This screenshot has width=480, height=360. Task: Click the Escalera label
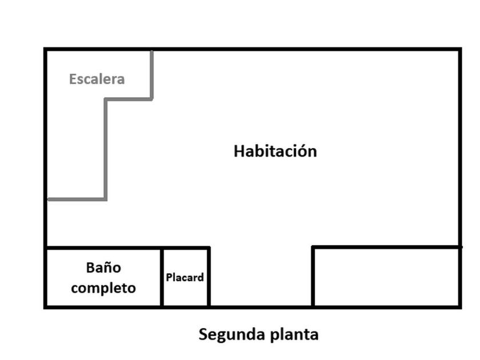click(97, 79)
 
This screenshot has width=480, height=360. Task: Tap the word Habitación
click(275, 151)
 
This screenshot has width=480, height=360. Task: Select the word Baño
click(103, 267)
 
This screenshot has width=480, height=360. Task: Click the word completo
click(103, 287)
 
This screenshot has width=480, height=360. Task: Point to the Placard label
click(185, 278)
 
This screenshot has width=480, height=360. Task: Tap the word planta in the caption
click(293, 334)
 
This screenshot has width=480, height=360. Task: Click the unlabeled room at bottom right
click(386, 277)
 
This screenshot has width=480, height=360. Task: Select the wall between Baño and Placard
click(162, 277)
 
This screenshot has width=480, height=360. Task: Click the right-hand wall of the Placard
click(209, 277)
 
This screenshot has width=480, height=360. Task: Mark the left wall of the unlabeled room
click(313, 277)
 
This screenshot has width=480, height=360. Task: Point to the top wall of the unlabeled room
click(386, 247)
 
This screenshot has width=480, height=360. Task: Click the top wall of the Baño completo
click(103, 248)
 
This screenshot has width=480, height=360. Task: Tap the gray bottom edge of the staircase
click(76, 199)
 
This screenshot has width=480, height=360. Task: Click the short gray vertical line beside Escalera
click(151, 74)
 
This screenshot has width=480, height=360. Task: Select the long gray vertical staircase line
click(105, 149)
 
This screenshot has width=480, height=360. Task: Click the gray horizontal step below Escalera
click(129, 99)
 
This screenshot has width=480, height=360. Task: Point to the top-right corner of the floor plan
click(459, 50)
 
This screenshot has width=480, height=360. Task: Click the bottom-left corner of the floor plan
click(45, 307)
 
